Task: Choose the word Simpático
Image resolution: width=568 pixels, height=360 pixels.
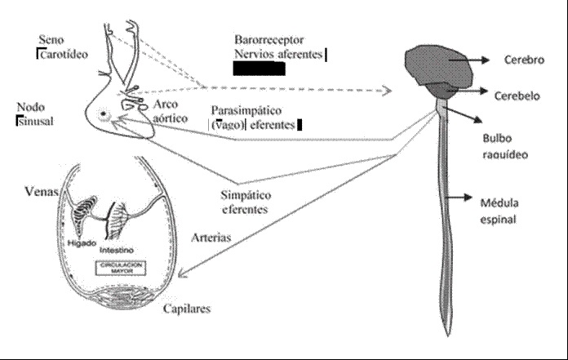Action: [247, 196]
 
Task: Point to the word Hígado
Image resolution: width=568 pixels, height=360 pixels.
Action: [83, 242]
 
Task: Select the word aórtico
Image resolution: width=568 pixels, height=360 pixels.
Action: [170, 118]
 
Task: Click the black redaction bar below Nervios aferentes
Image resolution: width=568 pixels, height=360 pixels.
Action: [258, 69]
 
